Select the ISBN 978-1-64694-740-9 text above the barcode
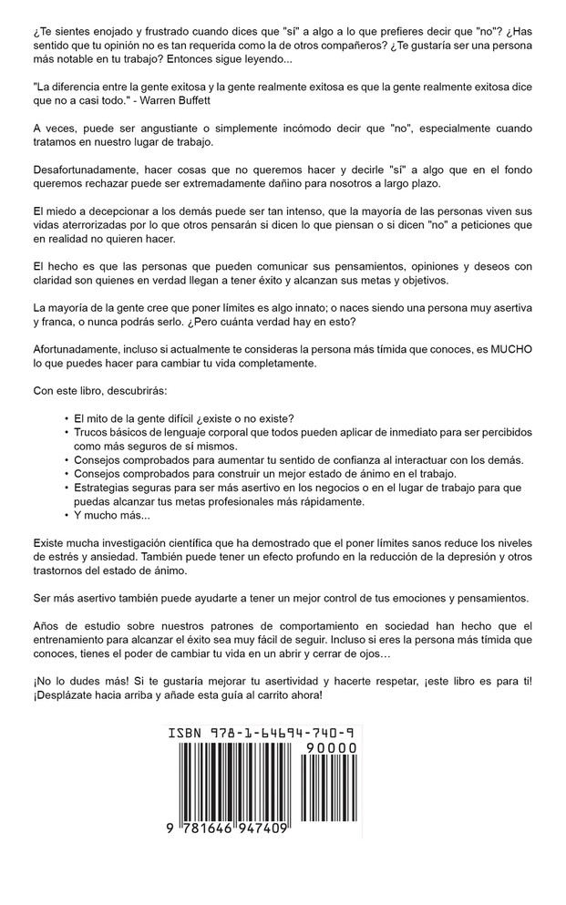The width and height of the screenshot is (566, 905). pos(262,733)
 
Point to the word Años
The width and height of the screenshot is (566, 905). pos(47,624)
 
